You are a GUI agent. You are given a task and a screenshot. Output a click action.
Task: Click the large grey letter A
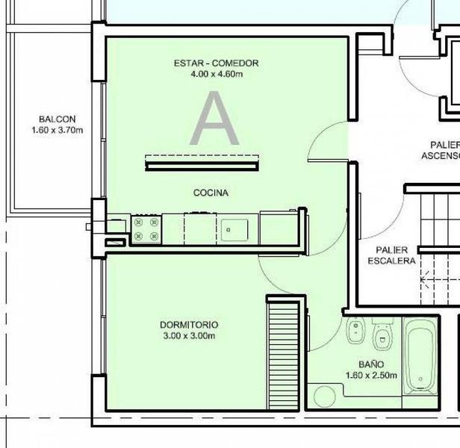pyautogui.click(x=214, y=118)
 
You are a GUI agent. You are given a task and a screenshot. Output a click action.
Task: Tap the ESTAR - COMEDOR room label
pyautogui.click(x=217, y=63)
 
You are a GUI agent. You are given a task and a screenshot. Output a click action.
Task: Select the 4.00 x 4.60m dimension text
pyautogui.click(x=217, y=74)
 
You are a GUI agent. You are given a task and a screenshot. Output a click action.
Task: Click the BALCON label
pyautogui.click(x=57, y=119)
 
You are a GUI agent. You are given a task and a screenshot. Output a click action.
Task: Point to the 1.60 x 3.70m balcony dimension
pyautogui.click(x=57, y=130)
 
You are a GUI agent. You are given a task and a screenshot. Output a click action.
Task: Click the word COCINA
pyautogui.click(x=211, y=193)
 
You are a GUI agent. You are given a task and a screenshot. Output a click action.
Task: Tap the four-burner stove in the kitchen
pyautogui.click(x=146, y=229)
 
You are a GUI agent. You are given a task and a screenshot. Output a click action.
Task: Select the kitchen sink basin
pyautogui.click(x=234, y=230)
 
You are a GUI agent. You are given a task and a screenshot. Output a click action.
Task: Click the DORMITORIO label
pyautogui.click(x=189, y=325)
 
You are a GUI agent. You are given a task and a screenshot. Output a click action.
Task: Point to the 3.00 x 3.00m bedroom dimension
pyautogui.click(x=189, y=336)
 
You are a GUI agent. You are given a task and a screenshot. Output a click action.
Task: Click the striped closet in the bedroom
pyautogui.click(x=284, y=355)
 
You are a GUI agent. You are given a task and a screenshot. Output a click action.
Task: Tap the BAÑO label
pyautogui.click(x=371, y=364)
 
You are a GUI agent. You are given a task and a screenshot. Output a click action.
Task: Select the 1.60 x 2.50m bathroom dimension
pyautogui.click(x=371, y=376)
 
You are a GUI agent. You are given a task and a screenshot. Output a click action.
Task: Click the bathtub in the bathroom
pyautogui.click(x=420, y=356)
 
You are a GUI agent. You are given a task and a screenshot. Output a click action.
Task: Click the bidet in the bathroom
pyautogui.click(x=356, y=330)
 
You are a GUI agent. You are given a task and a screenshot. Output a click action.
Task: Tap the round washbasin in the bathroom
pyautogui.click(x=324, y=396)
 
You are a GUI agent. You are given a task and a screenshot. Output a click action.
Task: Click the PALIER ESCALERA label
pyautogui.click(x=391, y=255)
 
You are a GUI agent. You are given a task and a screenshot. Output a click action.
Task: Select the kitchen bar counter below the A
pyautogui.click(x=202, y=167)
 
